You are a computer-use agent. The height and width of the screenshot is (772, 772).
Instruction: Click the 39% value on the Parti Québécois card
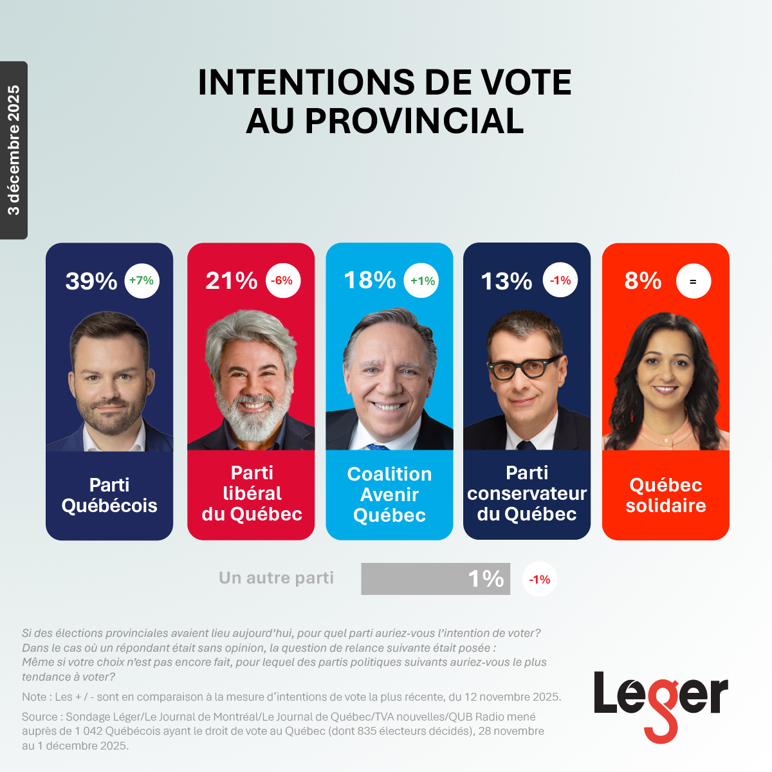tap(91, 281)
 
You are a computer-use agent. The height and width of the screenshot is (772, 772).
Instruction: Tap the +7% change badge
tap(142, 280)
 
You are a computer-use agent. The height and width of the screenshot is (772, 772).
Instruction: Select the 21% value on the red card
tap(231, 280)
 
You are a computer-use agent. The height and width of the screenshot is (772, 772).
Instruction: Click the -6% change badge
tap(282, 280)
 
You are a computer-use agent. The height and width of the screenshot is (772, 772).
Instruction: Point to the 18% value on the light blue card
tap(369, 280)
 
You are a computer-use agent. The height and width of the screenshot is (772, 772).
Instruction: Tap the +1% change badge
tap(422, 280)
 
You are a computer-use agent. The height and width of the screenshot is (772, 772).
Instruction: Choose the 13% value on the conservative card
tap(506, 281)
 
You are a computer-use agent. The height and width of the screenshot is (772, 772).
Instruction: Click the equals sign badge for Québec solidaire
tap(693, 281)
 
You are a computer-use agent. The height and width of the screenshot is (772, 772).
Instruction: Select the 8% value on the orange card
tap(643, 280)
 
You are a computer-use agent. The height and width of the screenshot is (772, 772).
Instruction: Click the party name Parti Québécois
tap(109, 495)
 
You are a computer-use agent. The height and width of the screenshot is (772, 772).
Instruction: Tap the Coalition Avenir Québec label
tap(389, 494)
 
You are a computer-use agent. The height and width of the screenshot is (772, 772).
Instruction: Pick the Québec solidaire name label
tap(665, 495)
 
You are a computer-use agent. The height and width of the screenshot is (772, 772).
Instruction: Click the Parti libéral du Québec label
tap(252, 493)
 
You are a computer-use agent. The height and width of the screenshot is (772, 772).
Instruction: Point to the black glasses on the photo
tap(524, 368)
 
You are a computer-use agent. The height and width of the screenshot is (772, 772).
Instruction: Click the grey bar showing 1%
tap(436, 579)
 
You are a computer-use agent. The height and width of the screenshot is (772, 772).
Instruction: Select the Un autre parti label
tap(276, 578)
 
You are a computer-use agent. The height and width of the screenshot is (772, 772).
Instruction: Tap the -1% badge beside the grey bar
tap(539, 579)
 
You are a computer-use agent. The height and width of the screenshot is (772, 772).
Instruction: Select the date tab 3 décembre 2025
tap(14, 150)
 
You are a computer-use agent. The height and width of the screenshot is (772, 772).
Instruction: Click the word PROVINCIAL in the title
tap(414, 121)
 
